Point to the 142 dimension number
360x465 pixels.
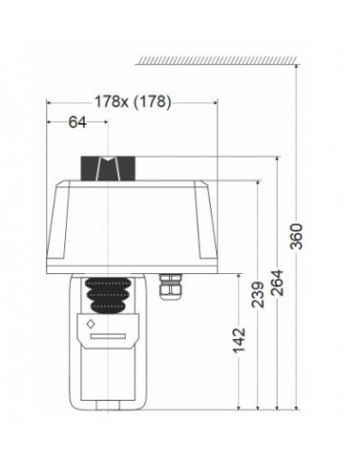(238, 337)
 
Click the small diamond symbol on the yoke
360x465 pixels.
(90, 324)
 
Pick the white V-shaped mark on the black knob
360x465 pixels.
(111, 169)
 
